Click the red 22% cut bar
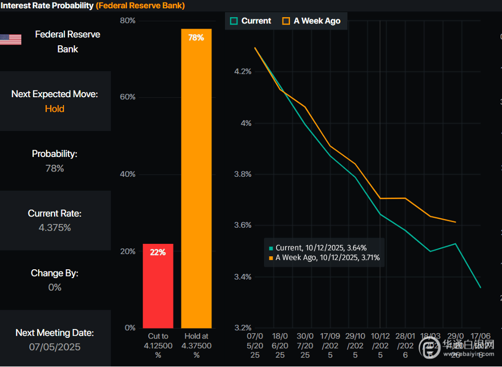click(158, 286)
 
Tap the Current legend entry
click(250, 21)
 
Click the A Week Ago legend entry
click(311, 21)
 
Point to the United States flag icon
click(10, 40)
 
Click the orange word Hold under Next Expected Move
click(55, 109)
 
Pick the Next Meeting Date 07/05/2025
click(55, 347)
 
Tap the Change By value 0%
click(55, 287)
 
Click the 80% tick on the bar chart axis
click(128, 21)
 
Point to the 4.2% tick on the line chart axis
click(243, 71)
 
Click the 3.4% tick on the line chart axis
click(243, 277)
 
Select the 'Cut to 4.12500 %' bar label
click(158, 346)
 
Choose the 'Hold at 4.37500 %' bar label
click(196, 346)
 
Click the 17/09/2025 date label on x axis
click(330, 346)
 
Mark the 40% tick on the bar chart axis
click(128, 174)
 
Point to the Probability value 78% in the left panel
click(55, 168)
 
